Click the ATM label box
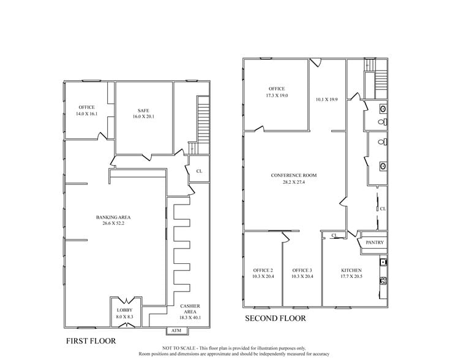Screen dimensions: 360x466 tap(176, 331)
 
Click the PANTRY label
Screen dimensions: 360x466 tap(374, 243)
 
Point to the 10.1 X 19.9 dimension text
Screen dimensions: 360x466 tap(326, 99)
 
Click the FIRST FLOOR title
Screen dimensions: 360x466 tap(91, 340)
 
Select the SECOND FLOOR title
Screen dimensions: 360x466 tap(275, 318)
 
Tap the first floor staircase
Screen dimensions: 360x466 tap(203, 119)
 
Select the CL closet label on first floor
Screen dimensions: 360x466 tap(199, 171)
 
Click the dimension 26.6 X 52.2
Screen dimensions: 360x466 tap(113, 223)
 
